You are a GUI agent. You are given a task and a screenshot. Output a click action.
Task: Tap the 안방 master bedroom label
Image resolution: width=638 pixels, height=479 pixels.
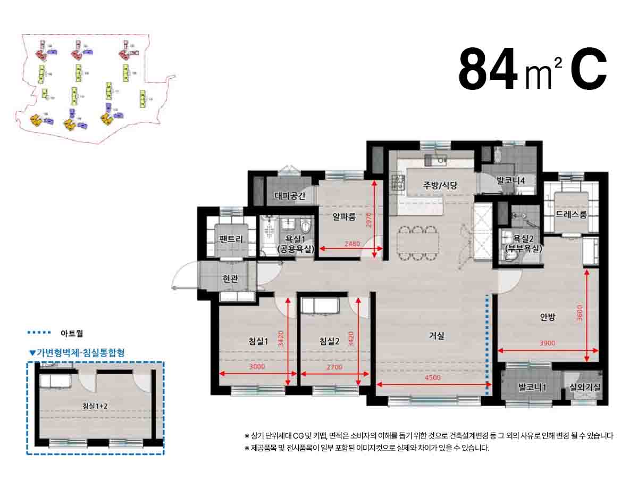(547, 317)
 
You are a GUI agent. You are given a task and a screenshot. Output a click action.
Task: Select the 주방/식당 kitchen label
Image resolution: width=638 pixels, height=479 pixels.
(440, 185)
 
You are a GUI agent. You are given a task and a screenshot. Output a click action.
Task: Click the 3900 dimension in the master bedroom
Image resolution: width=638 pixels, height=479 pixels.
(547, 343)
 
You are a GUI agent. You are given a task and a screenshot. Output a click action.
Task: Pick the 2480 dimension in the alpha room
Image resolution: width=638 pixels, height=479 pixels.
(352, 244)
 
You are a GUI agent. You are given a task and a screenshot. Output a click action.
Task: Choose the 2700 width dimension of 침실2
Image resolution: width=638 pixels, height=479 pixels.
(334, 367)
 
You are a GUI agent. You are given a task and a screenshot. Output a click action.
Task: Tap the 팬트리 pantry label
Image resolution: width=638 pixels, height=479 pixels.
(231, 239)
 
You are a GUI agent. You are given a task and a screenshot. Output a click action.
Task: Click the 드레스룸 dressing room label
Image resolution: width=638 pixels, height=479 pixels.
(571, 214)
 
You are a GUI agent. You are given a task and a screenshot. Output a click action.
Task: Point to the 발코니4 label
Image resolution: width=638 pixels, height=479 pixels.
(510, 180)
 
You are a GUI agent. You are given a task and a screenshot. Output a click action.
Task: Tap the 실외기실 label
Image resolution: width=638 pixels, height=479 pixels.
(584, 387)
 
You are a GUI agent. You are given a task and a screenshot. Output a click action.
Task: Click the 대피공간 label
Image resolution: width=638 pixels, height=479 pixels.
(290, 195)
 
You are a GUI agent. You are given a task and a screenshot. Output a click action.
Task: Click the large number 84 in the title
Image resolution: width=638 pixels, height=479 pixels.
(488, 70)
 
